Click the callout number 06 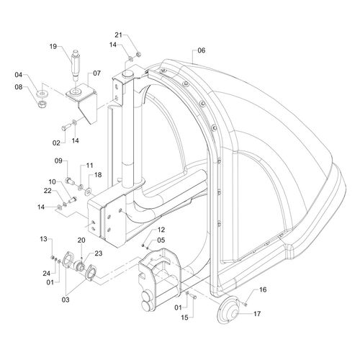(x=202, y=50)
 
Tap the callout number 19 (x=53, y=46)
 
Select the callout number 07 (x=96, y=73)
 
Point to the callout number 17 (x=257, y=314)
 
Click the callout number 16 (x=263, y=289)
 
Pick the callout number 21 (x=118, y=35)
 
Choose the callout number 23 (x=99, y=253)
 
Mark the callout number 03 (x=66, y=300)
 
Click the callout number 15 (x=184, y=318)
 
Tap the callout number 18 (x=98, y=175)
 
